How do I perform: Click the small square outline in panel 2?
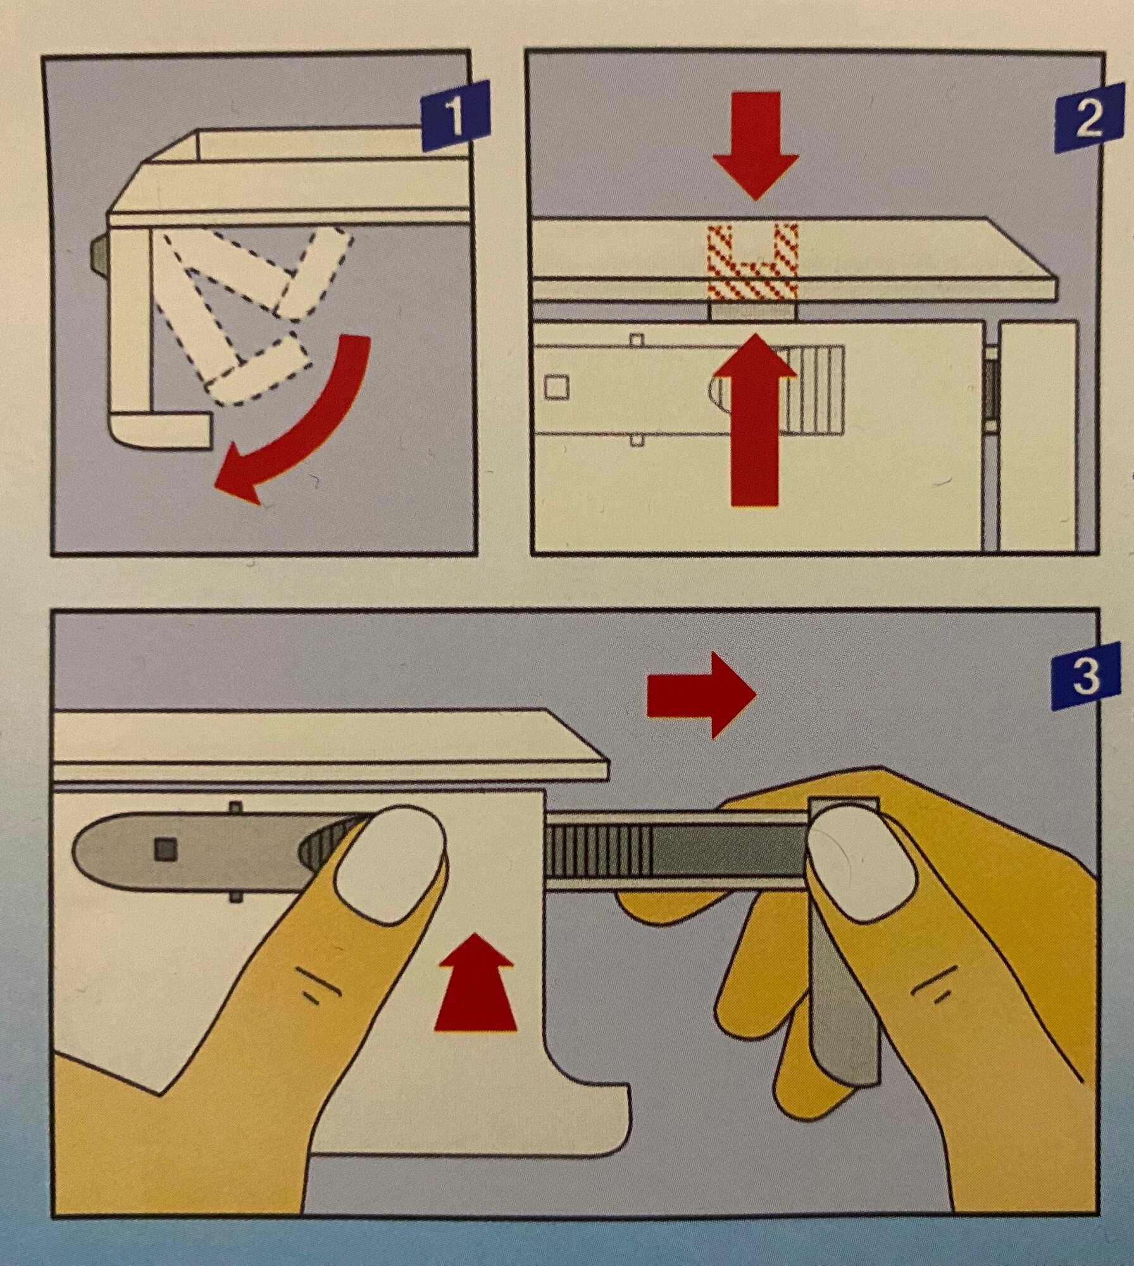coord(556,386)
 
